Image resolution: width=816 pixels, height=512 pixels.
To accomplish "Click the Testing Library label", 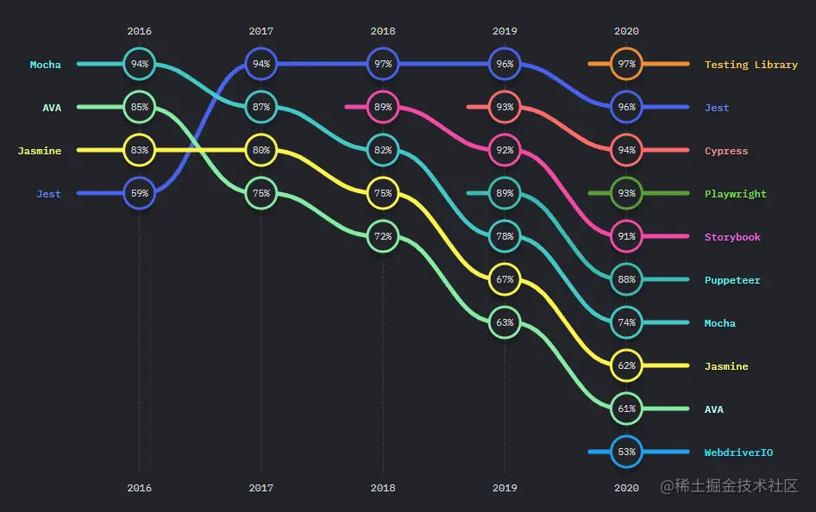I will point(750,65).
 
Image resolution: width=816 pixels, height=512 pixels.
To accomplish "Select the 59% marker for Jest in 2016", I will point(139,194).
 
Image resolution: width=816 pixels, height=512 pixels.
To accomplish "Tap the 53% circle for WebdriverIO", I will point(627,452).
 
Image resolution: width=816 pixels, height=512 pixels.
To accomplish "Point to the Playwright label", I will point(735,194).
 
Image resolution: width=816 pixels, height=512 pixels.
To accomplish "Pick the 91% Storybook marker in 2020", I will point(627,237).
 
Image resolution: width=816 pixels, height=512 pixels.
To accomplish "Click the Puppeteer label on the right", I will point(732,280).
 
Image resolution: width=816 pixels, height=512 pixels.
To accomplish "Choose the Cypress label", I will point(725,151).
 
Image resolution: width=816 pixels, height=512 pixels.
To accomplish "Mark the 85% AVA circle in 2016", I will point(139,108).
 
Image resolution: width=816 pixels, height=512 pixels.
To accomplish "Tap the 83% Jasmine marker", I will point(139,151).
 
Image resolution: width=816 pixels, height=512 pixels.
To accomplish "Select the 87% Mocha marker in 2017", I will point(261,108).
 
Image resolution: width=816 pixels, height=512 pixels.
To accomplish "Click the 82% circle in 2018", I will point(383,151).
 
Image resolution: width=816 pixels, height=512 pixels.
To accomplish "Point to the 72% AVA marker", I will point(383,236).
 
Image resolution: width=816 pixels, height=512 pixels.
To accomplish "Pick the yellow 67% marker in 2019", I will point(505,280).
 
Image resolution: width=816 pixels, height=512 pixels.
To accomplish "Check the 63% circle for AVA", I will point(505,323).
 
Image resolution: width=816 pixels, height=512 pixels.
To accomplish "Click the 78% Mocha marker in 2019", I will point(505,237).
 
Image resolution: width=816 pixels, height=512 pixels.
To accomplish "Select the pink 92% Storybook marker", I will point(505,151).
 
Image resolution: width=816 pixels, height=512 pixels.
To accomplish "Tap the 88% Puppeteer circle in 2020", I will point(627,280).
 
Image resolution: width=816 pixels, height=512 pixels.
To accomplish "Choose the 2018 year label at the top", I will point(383,31).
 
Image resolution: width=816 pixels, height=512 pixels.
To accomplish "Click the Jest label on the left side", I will point(48,194).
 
